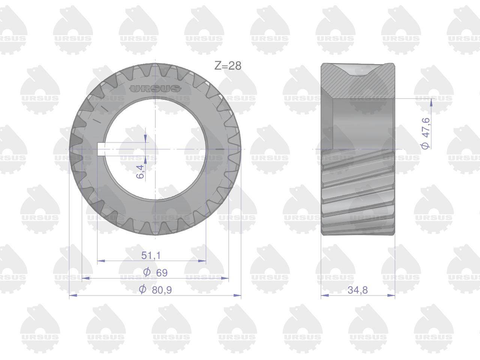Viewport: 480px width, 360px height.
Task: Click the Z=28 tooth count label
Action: pos(228,66)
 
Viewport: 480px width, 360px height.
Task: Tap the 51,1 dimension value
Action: pos(151,255)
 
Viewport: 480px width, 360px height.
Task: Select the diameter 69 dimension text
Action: pos(155,273)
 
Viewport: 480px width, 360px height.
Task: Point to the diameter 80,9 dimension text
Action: pos(155,290)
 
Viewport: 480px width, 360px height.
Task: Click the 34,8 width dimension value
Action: pos(358,290)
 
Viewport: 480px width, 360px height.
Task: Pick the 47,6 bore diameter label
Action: pos(426,133)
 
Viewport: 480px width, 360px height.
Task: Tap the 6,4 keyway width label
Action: pos(141,172)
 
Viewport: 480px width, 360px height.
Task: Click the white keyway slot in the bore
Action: pos(101,149)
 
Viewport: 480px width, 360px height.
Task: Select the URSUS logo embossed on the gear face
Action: pos(155,88)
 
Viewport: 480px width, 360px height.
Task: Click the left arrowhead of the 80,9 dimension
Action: pos(73,295)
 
